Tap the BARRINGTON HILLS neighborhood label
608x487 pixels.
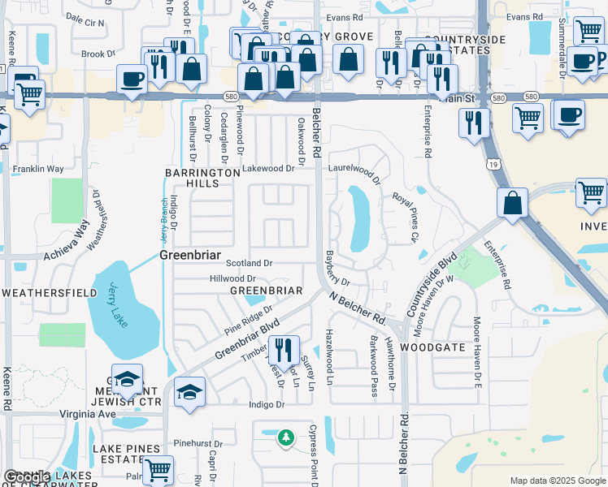192,179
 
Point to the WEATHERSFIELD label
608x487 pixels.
38,291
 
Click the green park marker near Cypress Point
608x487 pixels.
285,438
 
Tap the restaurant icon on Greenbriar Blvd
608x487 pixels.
284,351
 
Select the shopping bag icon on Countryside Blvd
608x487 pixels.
513,204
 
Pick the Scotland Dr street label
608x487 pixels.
249,264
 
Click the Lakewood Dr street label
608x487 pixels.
267,169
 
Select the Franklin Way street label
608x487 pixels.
37,170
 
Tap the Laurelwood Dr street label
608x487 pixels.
354,172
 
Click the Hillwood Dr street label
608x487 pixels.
233,278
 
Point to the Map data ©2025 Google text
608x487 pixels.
558,481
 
